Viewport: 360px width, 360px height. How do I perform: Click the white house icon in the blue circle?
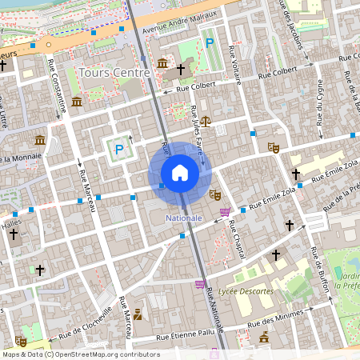coord(180,173)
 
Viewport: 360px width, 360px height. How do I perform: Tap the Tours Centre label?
coord(114,73)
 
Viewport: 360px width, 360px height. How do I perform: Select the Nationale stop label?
coord(183,218)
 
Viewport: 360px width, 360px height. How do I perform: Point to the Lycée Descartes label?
coord(246,291)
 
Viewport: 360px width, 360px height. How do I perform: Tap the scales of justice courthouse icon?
coord(206,122)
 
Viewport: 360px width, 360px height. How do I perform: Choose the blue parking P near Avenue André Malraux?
coord(210,43)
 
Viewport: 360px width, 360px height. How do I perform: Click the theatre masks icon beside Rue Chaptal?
coord(214,194)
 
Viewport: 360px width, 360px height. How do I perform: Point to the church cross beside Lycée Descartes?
coord(276,255)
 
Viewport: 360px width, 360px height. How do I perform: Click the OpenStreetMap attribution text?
coord(81,354)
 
